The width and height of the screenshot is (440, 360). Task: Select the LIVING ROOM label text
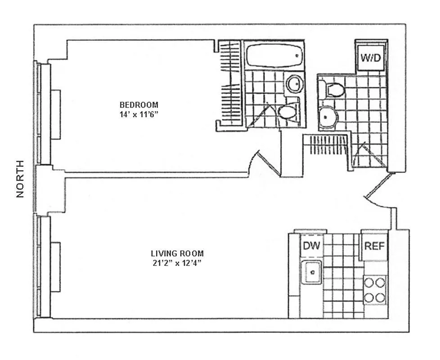[177, 253]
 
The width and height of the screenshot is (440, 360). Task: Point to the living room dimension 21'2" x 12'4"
[177, 263]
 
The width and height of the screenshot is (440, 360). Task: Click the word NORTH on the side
[20, 179]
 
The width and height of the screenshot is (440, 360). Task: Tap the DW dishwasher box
[311, 246]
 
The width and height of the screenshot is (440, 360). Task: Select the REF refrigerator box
[374, 246]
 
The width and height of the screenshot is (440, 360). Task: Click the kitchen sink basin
[311, 272]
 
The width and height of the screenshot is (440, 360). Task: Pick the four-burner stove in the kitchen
[374, 290]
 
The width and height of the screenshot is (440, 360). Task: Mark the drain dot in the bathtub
[297, 55]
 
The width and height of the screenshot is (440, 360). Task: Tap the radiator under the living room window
[55, 267]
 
